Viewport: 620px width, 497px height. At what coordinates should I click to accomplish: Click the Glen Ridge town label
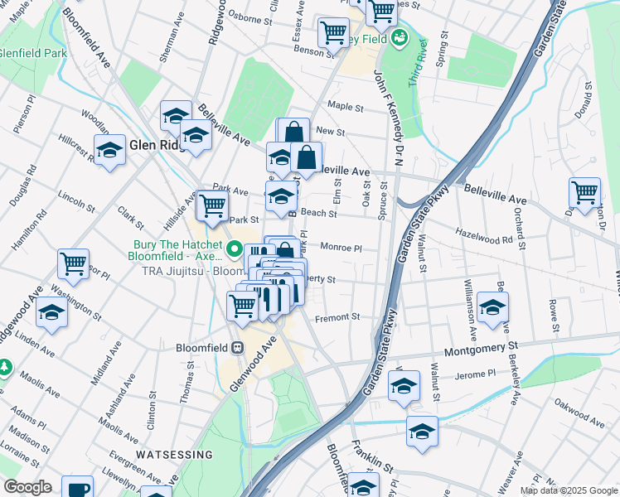click(153, 145)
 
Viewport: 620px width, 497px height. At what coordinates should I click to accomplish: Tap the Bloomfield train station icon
click(237, 347)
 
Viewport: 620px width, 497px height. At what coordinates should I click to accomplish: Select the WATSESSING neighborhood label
click(174, 455)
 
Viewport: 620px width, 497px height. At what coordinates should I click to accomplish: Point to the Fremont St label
click(337, 316)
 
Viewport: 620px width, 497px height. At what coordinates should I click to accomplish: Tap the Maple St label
click(346, 107)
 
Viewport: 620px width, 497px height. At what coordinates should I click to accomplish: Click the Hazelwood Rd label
click(484, 239)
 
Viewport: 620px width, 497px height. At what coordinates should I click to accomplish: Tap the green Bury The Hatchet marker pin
click(235, 248)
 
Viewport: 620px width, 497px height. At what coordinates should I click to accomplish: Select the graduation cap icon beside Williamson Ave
click(492, 308)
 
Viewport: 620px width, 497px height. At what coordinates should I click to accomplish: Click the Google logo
click(27, 487)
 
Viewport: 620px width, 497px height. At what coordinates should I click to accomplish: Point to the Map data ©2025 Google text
click(568, 490)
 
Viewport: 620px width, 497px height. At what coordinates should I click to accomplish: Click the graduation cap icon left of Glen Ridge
click(109, 151)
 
